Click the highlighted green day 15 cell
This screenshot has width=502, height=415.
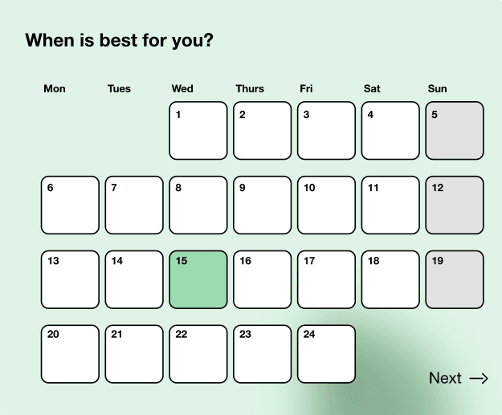click(x=198, y=279)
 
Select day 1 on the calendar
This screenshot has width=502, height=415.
click(x=198, y=130)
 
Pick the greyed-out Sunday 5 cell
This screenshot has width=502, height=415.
click(x=455, y=130)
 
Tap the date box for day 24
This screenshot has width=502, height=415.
click(x=326, y=354)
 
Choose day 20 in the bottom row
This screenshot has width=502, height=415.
click(x=70, y=354)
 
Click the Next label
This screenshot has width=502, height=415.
click(x=445, y=378)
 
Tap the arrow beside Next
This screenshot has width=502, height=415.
click(x=479, y=378)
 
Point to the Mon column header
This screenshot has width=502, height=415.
click(x=55, y=88)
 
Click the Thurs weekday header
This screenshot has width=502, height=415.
click(x=250, y=88)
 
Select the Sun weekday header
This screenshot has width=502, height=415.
click(x=438, y=88)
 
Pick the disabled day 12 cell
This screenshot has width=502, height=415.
click(x=455, y=205)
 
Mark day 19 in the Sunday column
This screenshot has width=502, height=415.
click(x=455, y=279)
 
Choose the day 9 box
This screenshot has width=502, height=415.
click(x=263, y=205)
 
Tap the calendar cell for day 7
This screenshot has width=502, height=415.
click(x=134, y=205)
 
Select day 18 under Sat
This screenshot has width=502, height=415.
click(x=390, y=279)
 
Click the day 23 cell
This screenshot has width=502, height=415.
click(x=263, y=354)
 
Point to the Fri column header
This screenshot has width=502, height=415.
click(x=306, y=88)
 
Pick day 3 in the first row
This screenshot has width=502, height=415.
click(x=326, y=130)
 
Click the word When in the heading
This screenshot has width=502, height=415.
click(x=50, y=40)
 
